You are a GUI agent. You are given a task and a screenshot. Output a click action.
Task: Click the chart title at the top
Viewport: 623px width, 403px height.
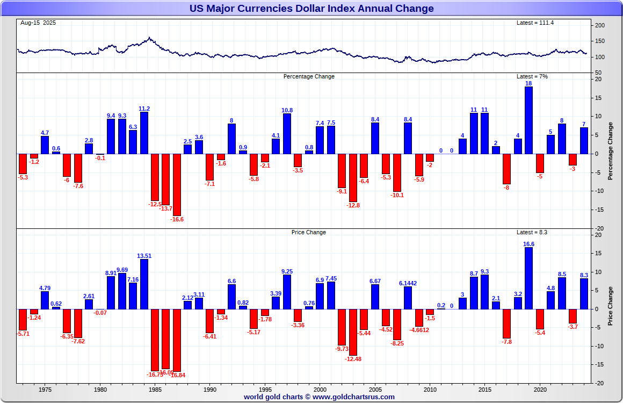(311, 9)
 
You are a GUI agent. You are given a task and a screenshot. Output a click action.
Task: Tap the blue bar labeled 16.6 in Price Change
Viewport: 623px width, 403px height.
(528, 278)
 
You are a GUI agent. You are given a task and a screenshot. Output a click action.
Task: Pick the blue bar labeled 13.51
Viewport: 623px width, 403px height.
(144, 284)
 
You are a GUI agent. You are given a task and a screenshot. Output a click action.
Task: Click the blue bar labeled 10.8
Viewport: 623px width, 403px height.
(287, 133)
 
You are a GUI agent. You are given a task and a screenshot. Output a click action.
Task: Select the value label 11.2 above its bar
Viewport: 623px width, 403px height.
(144, 109)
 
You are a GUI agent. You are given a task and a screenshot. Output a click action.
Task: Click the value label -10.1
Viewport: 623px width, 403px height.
(397, 195)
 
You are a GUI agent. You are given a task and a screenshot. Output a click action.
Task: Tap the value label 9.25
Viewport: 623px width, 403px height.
(287, 271)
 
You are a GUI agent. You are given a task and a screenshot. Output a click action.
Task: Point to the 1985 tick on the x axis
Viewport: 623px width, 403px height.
(155, 390)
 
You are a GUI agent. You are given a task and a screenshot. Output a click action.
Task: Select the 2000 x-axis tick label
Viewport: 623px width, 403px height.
(320, 390)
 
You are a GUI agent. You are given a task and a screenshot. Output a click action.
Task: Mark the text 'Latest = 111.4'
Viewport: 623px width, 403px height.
(534, 23)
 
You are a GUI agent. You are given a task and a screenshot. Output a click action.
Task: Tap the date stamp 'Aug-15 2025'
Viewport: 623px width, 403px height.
(38, 23)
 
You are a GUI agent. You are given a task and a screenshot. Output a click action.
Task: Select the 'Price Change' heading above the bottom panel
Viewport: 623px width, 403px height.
(308, 232)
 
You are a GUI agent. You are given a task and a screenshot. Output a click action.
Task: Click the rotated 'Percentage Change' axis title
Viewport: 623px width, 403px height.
(610, 151)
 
